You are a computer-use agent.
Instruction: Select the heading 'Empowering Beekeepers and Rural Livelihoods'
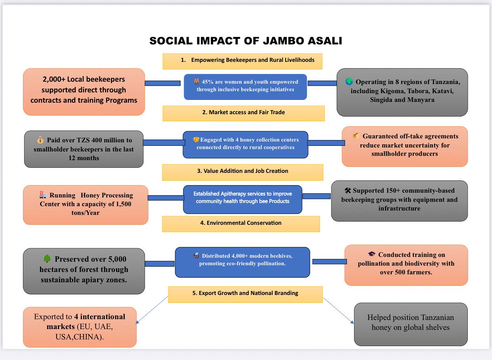click(x=253, y=60)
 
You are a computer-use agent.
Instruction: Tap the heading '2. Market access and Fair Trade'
click(x=243, y=112)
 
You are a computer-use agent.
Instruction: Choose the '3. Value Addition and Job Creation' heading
click(x=242, y=171)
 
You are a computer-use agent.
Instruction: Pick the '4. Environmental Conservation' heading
click(x=241, y=223)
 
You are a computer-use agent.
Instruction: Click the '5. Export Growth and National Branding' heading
click(x=245, y=293)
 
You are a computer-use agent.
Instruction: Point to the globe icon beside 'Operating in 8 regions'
click(x=349, y=82)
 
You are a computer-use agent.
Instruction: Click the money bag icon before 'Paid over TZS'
click(x=40, y=140)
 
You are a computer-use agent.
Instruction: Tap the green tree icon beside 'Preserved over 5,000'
click(x=47, y=259)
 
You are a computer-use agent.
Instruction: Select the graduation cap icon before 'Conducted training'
click(x=372, y=254)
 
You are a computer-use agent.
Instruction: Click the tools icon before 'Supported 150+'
click(x=347, y=190)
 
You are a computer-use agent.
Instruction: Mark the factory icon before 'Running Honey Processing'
click(x=43, y=195)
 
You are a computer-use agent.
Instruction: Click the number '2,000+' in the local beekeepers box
click(x=53, y=79)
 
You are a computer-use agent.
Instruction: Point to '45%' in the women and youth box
click(x=208, y=82)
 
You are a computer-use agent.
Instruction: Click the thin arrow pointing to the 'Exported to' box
click(x=152, y=310)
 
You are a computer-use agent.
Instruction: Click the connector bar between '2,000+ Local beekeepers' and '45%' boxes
click(x=162, y=83)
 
